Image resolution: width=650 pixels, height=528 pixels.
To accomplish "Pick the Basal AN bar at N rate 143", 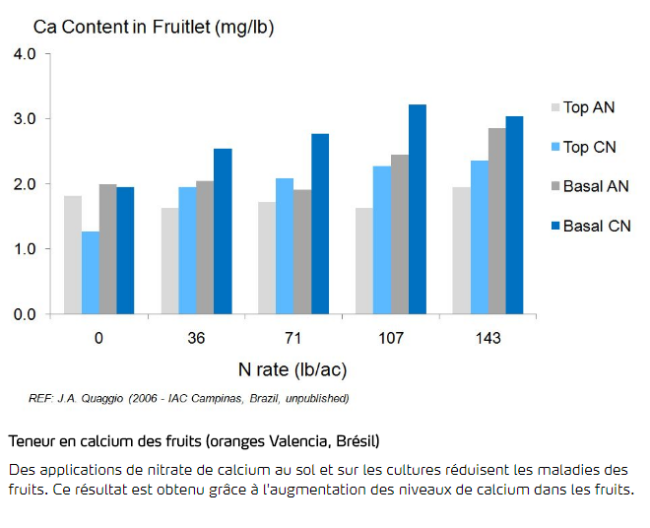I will click(x=496, y=221).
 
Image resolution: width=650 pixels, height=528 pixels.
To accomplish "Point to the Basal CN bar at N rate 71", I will click(x=320, y=224).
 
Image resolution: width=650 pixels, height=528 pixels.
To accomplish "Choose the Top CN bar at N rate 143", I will click(x=479, y=237).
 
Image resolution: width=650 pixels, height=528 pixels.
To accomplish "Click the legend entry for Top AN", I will click(x=588, y=107).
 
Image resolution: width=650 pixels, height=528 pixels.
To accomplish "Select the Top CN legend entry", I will click(x=588, y=147).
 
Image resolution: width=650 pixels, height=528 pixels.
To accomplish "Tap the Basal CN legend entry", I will click(x=596, y=226).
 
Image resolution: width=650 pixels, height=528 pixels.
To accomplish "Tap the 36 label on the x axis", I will click(x=196, y=338).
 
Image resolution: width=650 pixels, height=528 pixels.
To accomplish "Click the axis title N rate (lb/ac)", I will click(x=292, y=370).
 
